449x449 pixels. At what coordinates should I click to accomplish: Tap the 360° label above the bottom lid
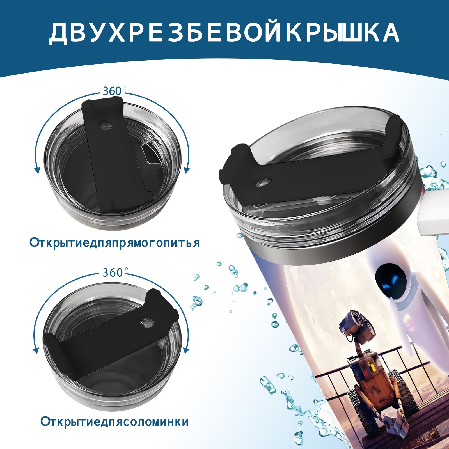point(113,272)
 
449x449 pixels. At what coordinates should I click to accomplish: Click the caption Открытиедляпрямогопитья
point(114,242)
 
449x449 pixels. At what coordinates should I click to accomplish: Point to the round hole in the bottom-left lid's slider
point(146,323)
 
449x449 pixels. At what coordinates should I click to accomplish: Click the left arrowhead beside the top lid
point(37,170)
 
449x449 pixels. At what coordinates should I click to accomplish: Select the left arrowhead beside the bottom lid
point(36,351)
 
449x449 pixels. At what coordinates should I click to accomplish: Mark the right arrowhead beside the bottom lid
point(186,351)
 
